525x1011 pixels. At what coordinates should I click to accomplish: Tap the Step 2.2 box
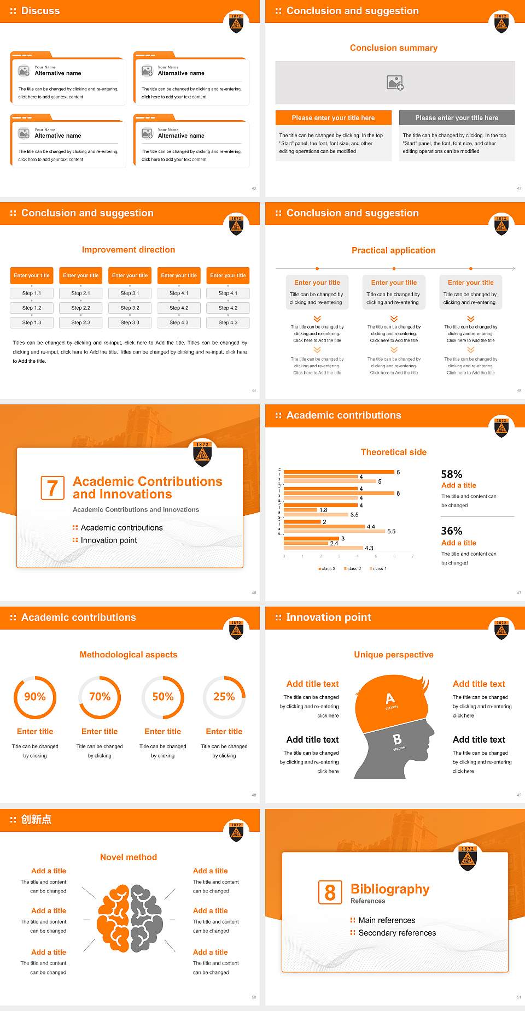point(80,308)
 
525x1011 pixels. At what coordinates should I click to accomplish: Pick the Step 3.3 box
point(130,323)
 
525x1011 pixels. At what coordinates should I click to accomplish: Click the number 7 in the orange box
point(52,488)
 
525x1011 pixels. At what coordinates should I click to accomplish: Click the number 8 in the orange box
point(330,892)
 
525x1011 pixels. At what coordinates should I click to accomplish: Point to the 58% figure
point(452,474)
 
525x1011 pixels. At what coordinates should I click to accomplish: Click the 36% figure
point(452,531)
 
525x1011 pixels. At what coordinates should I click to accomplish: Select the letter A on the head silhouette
point(390,698)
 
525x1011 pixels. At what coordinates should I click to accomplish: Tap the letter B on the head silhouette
point(398,739)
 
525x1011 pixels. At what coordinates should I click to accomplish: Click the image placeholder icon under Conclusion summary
point(394,83)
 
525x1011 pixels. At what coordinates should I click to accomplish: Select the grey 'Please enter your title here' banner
point(457,118)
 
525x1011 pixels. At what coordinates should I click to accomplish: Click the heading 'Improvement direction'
point(129,250)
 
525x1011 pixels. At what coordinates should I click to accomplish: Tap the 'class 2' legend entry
point(353,569)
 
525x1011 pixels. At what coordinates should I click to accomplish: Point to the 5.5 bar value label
point(391,531)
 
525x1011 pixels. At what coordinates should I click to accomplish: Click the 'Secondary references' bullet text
point(397,933)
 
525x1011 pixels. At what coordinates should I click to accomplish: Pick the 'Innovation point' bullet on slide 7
point(109,540)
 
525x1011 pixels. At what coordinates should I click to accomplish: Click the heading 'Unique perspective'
point(394,655)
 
